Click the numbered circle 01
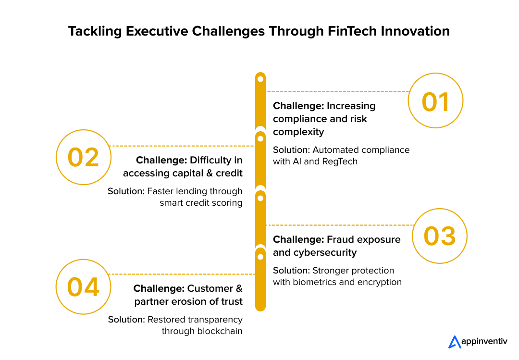435,100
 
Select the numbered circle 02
84,157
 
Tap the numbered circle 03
440,236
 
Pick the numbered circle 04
84,286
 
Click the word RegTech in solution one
341,161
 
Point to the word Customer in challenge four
210,288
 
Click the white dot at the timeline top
260,79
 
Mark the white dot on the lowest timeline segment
260,257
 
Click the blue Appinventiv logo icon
455,342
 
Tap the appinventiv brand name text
484,342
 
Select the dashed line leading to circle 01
336,91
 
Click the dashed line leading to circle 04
183,274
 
